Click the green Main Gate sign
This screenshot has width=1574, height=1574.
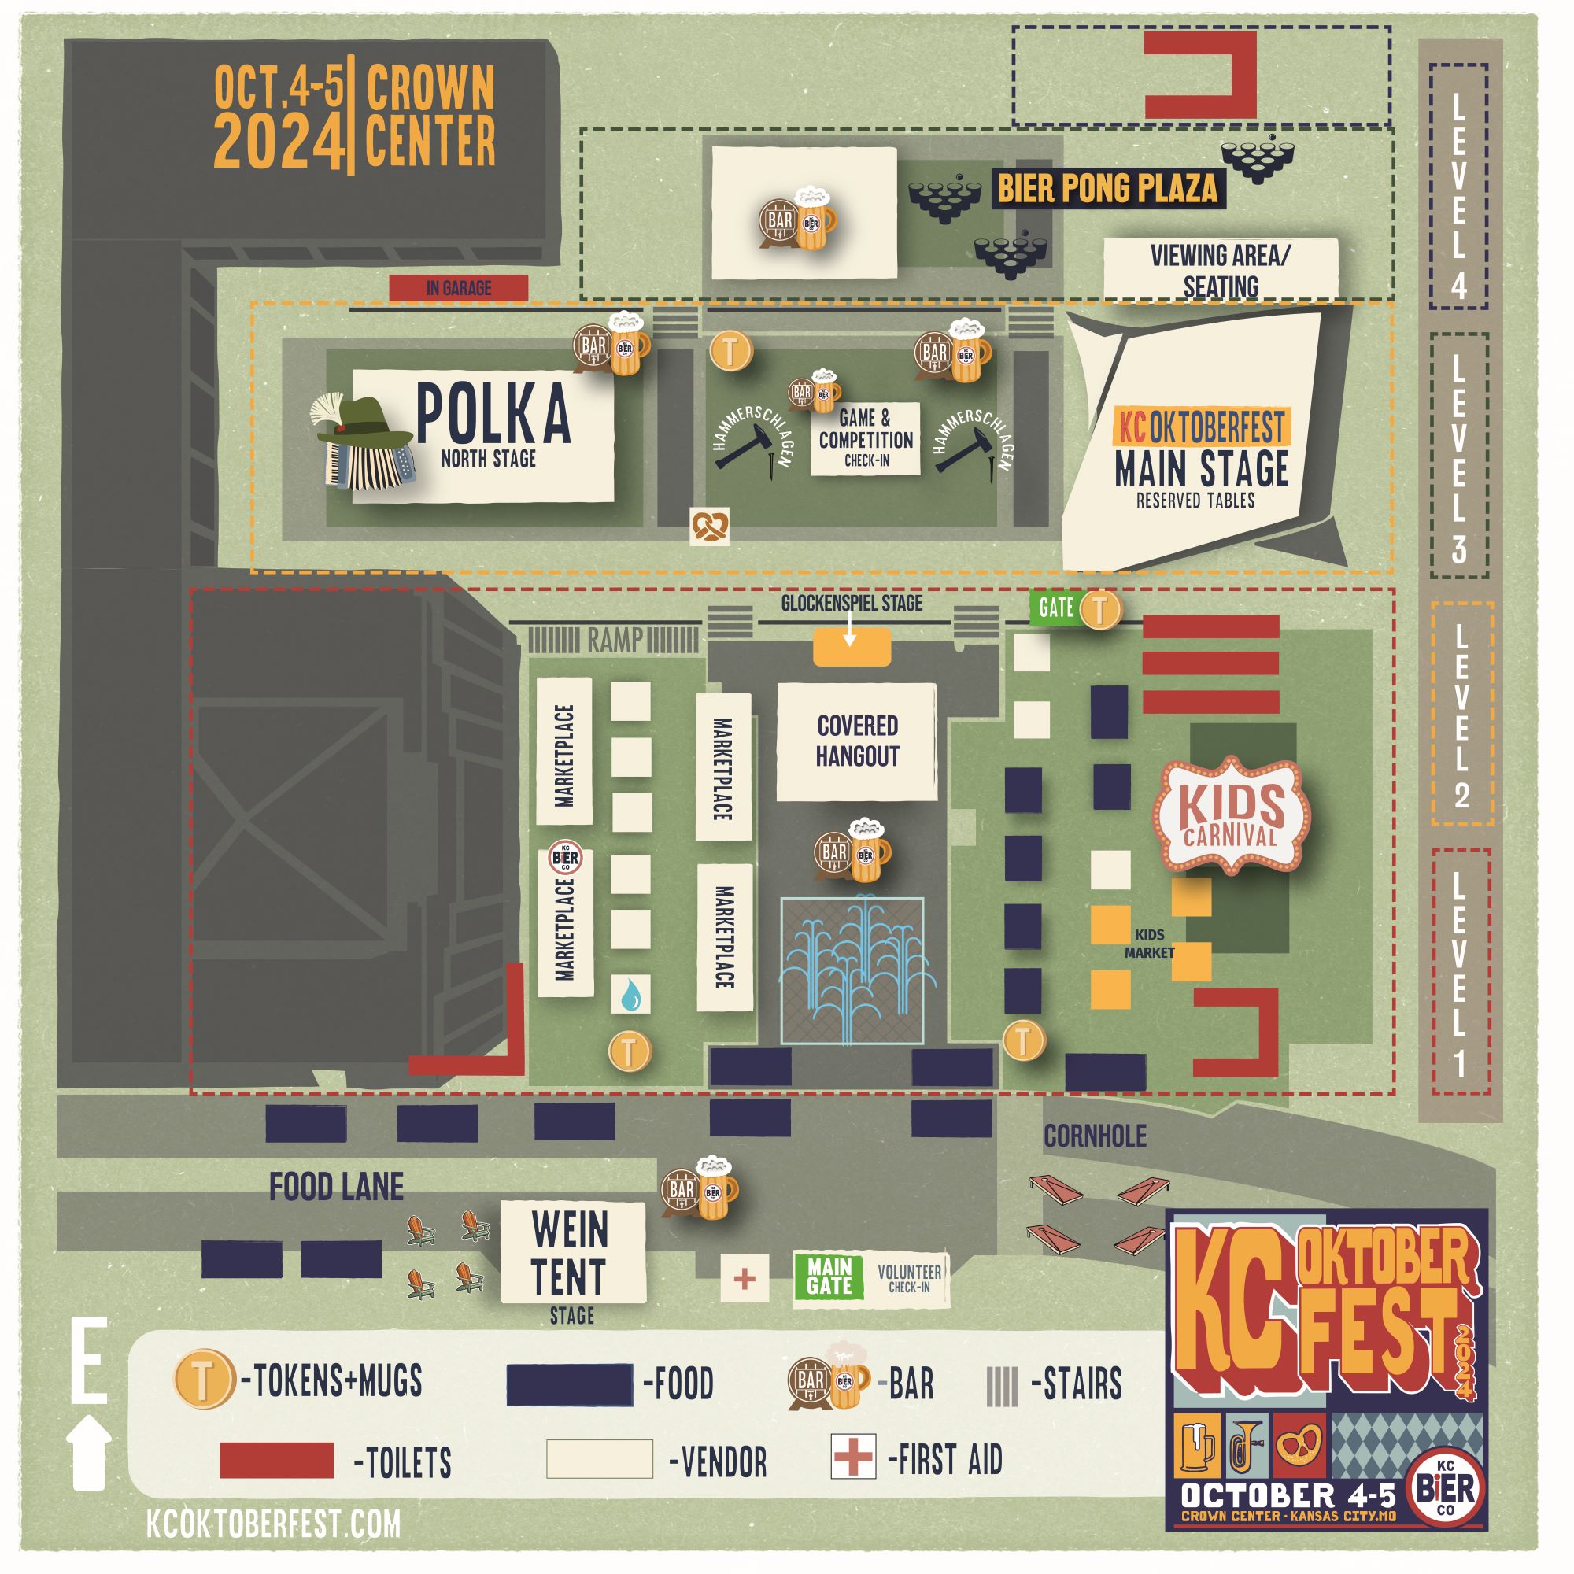pos(829,1277)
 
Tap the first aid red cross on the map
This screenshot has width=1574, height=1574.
pos(744,1278)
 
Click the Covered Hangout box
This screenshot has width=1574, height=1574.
pos(856,741)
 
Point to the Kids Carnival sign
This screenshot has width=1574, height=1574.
pos(1231,815)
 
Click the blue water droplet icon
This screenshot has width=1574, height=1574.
pos(630,996)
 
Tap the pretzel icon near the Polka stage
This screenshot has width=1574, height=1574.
pos(709,527)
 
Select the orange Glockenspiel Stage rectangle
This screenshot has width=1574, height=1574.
pos(852,648)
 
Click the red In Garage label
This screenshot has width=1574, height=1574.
pos(458,287)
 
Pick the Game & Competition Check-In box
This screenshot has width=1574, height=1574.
pos(865,439)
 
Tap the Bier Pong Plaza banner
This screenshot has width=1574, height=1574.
pos(1107,188)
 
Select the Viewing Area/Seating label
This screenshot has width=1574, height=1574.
pos(1220,270)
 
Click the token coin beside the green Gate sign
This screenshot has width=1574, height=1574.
pos(1100,608)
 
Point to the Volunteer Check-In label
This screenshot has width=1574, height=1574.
pos(908,1278)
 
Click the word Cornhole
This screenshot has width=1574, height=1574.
pos(1095,1136)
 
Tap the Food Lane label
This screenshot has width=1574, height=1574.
pos(337,1187)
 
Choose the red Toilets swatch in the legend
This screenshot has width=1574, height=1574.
pos(276,1460)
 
